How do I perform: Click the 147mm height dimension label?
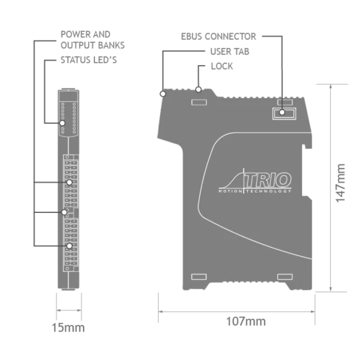[x=341, y=183]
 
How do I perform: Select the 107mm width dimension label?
[x=246, y=321]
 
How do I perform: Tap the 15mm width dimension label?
[x=69, y=328]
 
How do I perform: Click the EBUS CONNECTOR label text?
[x=218, y=36]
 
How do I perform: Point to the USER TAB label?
[x=230, y=52]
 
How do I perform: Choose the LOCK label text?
[x=221, y=66]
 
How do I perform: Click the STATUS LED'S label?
[x=88, y=60]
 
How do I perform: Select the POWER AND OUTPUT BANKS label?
[x=93, y=40]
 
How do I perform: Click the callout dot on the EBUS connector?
[x=282, y=113]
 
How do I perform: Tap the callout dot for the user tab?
[x=163, y=94]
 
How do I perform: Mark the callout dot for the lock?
[x=199, y=90]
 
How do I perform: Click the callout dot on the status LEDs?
[x=62, y=123]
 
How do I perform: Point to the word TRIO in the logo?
[x=268, y=180]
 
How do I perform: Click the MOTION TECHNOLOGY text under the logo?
[x=255, y=191]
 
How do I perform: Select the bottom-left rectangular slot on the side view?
[x=199, y=277]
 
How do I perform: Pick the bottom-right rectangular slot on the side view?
[x=285, y=277]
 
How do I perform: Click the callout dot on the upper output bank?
[x=69, y=182]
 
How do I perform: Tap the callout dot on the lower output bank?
[x=69, y=246]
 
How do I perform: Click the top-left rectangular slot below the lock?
[x=199, y=102]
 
